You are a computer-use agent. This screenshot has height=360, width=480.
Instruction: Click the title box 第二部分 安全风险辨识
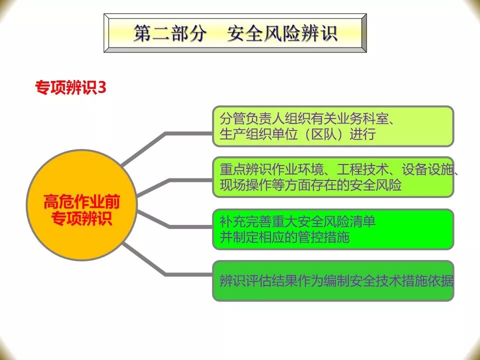click(235, 33)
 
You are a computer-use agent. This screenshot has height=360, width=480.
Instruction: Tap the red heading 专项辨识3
click(70, 87)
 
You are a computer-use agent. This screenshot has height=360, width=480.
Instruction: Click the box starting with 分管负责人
click(333, 126)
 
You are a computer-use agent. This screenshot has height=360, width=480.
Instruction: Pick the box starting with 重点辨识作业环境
click(333, 177)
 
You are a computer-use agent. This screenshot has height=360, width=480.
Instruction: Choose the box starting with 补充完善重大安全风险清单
click(333, 229)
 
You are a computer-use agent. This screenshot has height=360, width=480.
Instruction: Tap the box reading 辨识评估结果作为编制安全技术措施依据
click(333, 280)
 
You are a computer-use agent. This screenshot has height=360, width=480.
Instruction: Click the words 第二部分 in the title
click(170, 33)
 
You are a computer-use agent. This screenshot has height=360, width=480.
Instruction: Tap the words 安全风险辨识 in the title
click(282, 33)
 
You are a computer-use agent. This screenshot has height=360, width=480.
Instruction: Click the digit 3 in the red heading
click(102, 87)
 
